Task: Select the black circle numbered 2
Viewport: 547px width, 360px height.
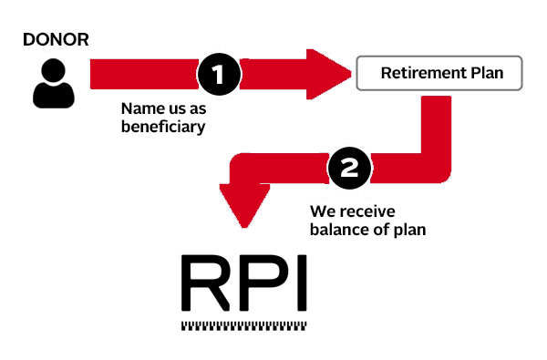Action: tap(348, 167)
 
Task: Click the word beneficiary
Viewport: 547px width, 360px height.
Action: tap(162, 128)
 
